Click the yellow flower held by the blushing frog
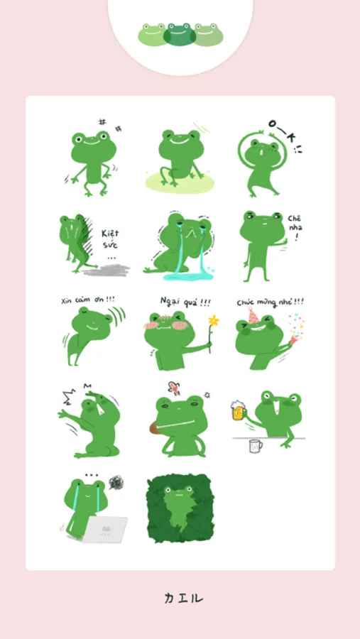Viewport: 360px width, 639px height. (x=213, y=321)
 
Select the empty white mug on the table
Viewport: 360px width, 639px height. (x=255, y=446)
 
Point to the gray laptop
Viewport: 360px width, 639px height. (x=105, y=530)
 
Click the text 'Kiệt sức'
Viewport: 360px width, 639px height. (x=110, y=239)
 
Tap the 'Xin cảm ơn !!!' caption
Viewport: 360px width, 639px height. (x=87, y=300)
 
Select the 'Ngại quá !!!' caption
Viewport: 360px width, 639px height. (x=185, y=302)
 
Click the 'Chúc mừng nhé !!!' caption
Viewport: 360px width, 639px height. (x=271, y=302)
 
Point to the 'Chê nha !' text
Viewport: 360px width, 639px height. (x=295, y=227)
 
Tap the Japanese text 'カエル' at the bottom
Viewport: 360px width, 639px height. (x=184, y=598)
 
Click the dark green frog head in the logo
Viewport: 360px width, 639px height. (x=180, y=34)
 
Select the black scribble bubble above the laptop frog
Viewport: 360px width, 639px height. (x=116, y=483)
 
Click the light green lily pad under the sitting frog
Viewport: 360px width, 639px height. (x=180, y=182)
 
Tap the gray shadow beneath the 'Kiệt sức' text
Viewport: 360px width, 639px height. (x=107, y=270)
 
